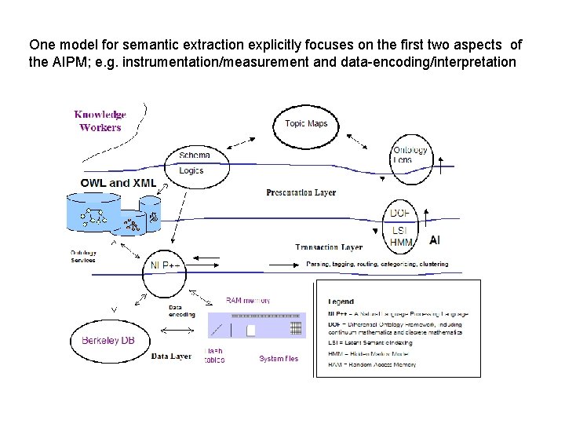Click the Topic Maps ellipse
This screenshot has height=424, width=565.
(x=306, y=123)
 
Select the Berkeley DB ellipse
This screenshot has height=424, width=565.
(x=113, y=340)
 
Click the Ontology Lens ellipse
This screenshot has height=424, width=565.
(x=410, y=155)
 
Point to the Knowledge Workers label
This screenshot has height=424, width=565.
(x=100, y=121)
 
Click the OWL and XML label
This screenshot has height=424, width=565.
(x=118, y=183)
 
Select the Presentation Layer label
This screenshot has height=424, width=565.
(x=301, y=192)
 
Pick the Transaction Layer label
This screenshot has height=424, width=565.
(x=329, y=247)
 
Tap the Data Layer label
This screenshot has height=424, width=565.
(x=171, y=356)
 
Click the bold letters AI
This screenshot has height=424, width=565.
(x=435, y=240)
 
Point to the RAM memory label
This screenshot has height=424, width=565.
(x=248, y=300)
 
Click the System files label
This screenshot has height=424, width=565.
(x=279, y=359)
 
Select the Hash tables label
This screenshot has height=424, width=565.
(x=214, y=356)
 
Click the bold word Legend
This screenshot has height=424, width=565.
(x=341, y=301)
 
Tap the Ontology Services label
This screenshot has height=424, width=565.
(x=83, y=256)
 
